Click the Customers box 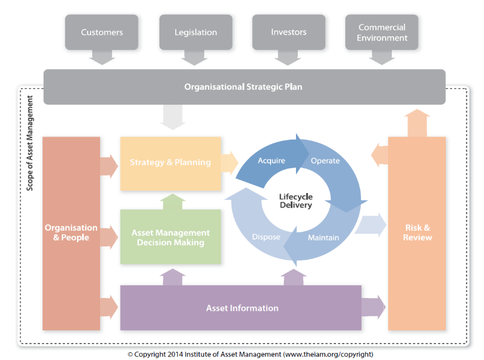[x=102, y=32]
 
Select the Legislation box [x=195, y=32]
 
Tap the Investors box [x=289, y=32]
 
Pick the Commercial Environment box [x=382, y=32]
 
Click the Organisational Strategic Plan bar [x=243, y=87]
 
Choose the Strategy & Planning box [x=170, y=163]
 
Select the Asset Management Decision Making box [x=170, y=237]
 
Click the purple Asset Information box [x=241, y=308]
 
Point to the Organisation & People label [x=71, y=233]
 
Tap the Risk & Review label [x=417, y=233]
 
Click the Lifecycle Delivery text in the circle [x=295, y=201]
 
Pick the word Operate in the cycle [x=325, y=161]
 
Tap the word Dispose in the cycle [x=266, y=237]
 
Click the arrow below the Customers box [x=102, y=58]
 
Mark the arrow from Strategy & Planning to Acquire [x=229, y=163]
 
